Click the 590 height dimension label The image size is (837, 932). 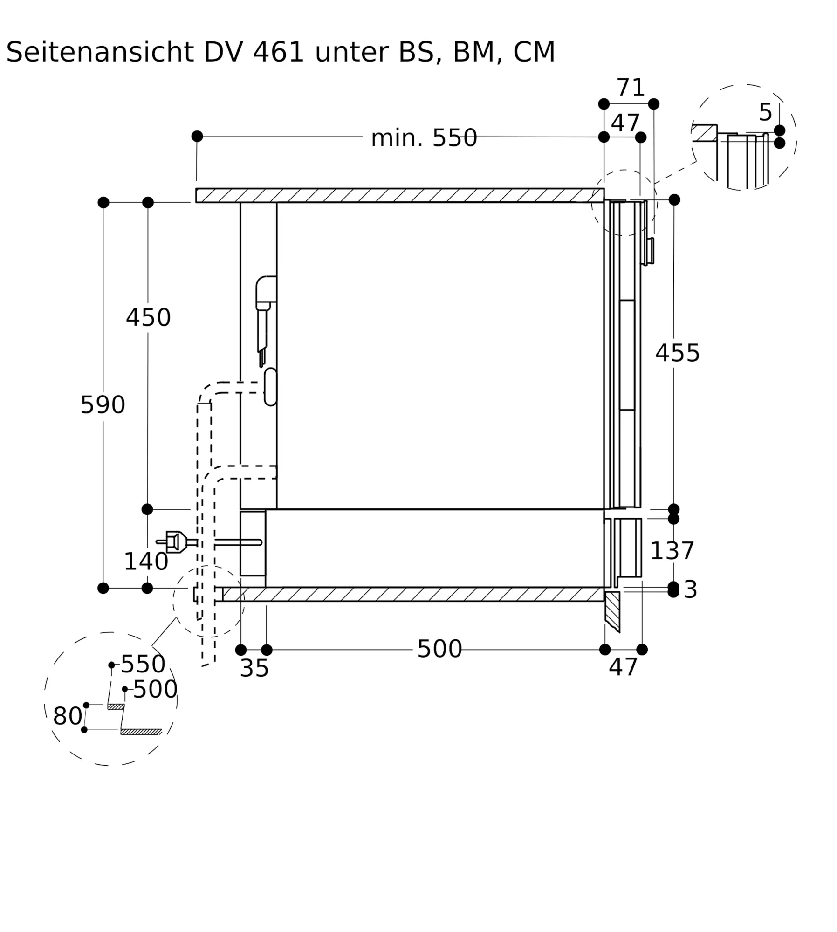(103, 404)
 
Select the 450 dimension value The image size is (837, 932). (148, 317)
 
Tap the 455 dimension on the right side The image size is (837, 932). (678, 353)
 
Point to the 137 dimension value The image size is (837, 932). (672, 551)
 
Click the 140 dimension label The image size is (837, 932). (146, 561)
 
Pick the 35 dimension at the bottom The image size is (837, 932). (254, 668)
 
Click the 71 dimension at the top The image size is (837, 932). (631, 87)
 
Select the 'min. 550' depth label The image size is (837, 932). (424, 138)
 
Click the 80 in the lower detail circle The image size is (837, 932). (68, 716)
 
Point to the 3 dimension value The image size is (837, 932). (690, 589)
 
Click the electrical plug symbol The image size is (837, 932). (177, 542)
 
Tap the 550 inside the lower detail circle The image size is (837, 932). (143, 664)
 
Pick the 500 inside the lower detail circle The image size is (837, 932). (155, 689)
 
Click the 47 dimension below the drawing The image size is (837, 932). (623, 667)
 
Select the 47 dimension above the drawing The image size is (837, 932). (625, 123)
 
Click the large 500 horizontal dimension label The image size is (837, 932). (439, 649)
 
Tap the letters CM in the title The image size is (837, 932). (534, 52)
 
